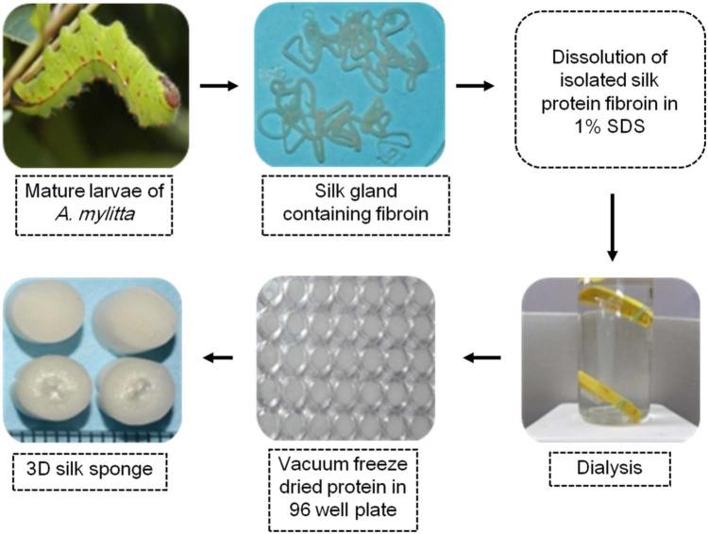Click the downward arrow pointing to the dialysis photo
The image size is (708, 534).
[x=613, y=225]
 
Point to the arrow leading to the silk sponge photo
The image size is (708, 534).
[x=219, y=358]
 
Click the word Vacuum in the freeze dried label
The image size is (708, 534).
[x=304, y=466]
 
